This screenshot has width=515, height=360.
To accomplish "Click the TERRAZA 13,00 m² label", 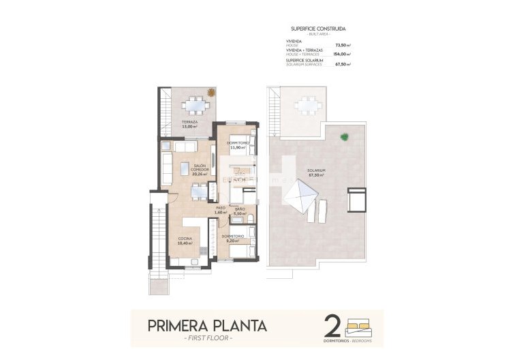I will [x=189, y=124].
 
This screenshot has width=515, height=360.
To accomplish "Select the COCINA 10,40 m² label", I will [x=185, y=240].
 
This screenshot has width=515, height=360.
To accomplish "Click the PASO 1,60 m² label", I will [x=220, y=209].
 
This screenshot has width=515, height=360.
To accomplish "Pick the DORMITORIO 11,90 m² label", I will [x=238, y=145].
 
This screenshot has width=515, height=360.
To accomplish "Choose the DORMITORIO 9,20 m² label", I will [x=233, y=238].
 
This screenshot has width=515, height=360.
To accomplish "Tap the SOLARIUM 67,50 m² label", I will [x=315, y=172].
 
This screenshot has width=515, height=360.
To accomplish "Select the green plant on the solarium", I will [x=345, y=136].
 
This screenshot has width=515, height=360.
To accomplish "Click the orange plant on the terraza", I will [x=211, y=92].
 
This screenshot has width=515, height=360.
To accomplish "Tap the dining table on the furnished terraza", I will [x=196, y=105].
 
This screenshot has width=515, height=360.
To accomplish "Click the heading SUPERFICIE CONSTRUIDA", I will [x=317, y=29].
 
